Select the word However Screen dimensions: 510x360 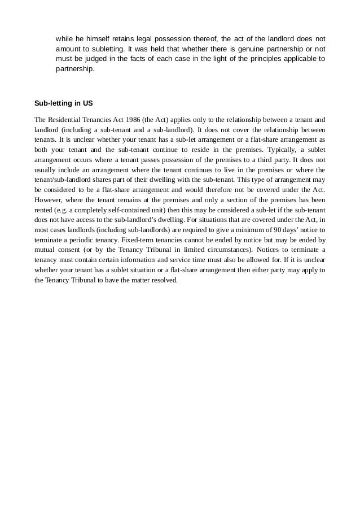[49, 200]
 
